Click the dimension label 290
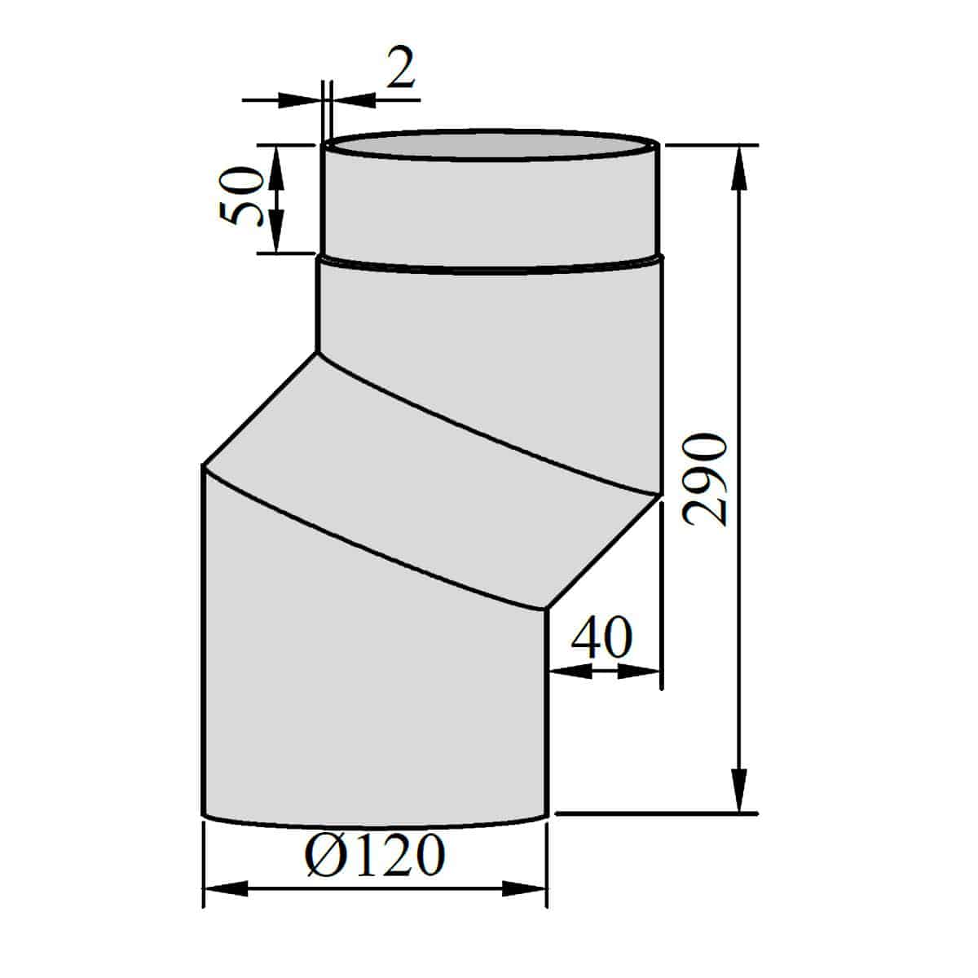706,479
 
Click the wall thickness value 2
401,67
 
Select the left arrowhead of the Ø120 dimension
226,903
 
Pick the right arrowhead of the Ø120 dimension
524,903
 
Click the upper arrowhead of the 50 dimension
275,168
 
